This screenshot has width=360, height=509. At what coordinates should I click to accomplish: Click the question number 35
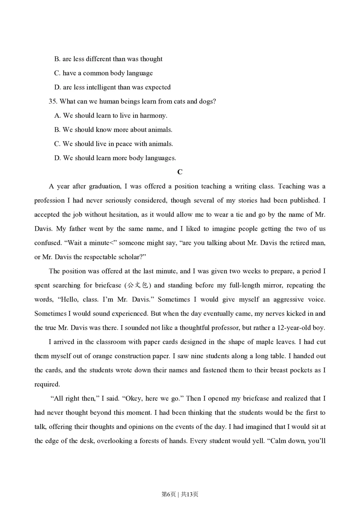53,102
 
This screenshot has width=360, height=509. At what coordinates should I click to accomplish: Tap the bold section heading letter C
180,172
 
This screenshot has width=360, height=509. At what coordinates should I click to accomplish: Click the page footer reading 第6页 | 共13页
180,494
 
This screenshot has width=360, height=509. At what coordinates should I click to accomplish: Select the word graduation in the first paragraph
104,186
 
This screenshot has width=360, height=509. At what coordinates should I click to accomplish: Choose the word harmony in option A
154,116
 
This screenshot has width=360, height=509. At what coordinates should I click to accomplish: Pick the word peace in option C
123,144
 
